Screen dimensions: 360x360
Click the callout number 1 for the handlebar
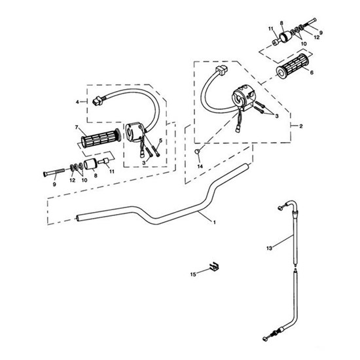pos(215,223)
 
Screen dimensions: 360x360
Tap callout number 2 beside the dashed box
pos(301,126)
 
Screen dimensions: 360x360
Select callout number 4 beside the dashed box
pos(77,102)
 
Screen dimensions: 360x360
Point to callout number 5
pos(160,140)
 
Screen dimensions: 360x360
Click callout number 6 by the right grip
pos(312,73)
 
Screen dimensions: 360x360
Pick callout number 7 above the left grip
pos(77,127)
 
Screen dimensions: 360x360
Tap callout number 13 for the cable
pos(269,248)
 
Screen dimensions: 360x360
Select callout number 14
pos(200,166)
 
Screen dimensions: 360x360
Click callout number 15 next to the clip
pos(193,274)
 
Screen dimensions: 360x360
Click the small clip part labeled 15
pos(214,266)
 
